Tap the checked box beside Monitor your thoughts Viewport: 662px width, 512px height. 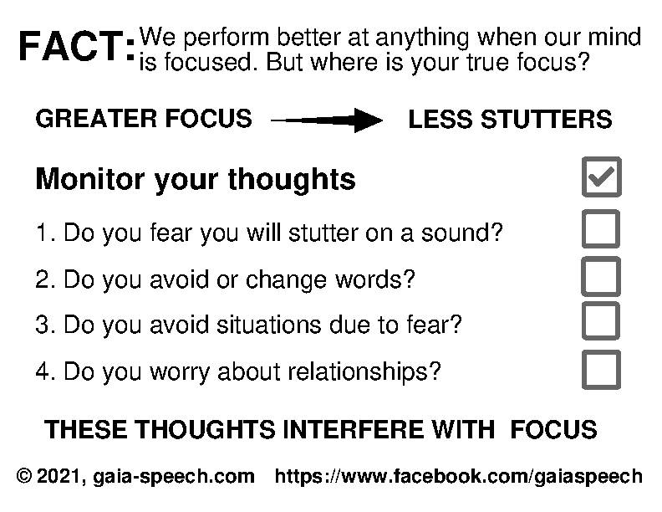[x=601, y=176]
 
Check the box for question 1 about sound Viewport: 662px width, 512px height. [x=601, y=229]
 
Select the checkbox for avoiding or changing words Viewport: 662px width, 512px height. [x=601, y=276]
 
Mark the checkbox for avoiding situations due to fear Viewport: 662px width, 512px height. [x=601, y=321]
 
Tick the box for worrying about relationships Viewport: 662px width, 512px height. [x=601, y=369]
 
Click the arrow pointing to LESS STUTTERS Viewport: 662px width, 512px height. [x=327, y=120]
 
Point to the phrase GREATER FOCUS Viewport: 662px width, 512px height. [x=143, y=119]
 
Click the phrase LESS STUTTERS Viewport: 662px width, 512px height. [x=510, y=120]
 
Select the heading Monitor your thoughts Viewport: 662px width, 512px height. [x=196, y=179]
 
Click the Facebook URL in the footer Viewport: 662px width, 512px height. [x=459, y=477]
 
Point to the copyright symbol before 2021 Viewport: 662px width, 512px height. [x=24, y=477]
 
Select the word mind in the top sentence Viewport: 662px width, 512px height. [x=618, y=38]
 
